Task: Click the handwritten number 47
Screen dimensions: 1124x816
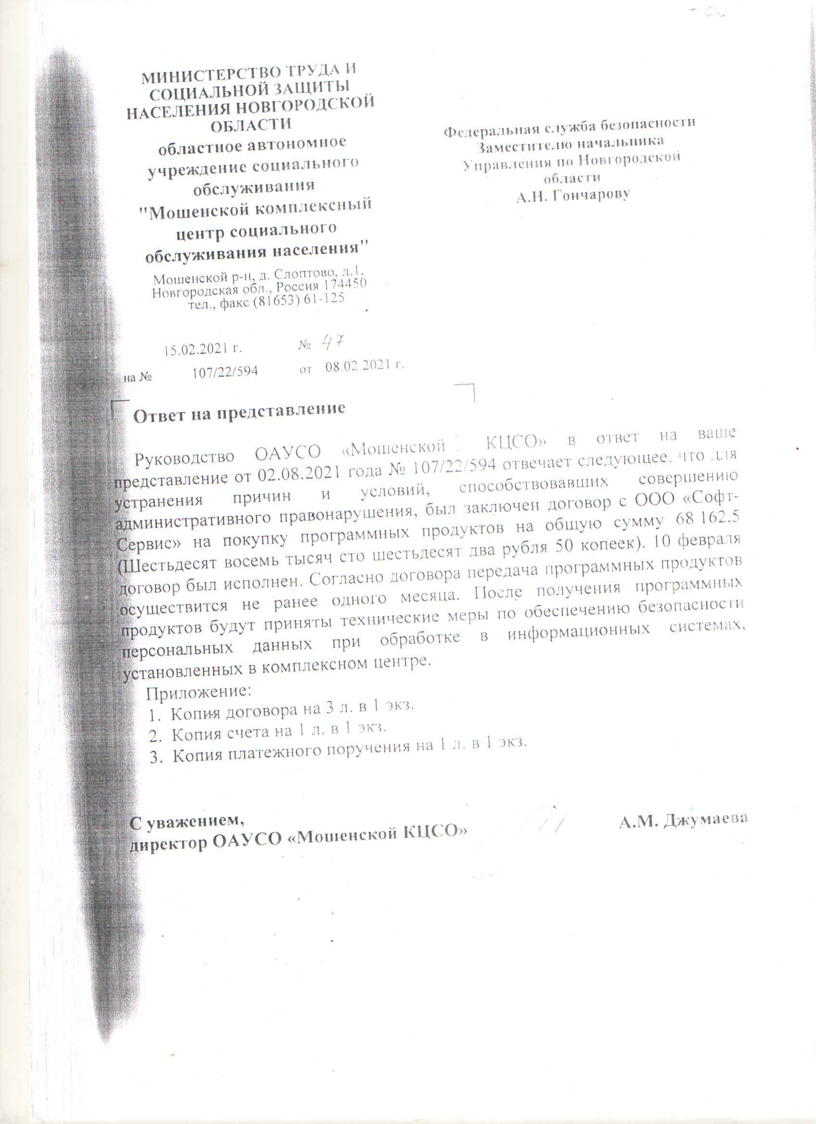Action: (x=333, y=342)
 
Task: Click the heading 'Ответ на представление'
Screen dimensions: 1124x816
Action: (x=239, y=412)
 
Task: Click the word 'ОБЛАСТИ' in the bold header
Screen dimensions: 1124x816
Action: (x=251, y=125)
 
